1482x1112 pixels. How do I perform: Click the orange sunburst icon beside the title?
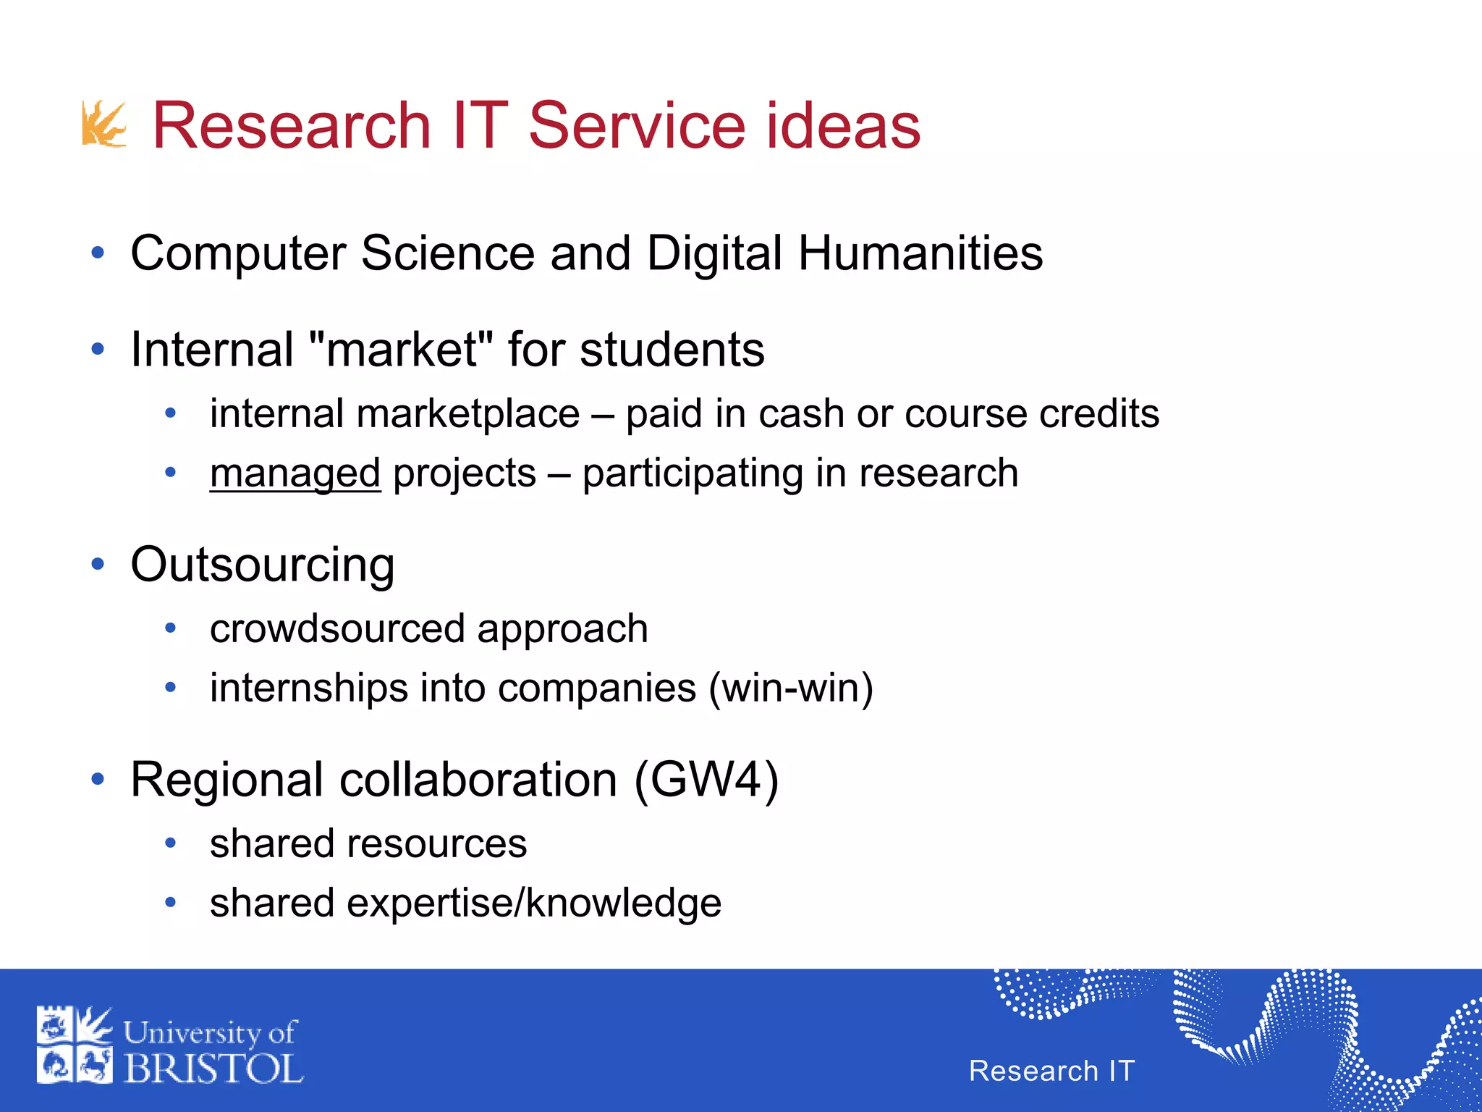pos(104,124)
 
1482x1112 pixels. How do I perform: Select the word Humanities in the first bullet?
pos(920,253)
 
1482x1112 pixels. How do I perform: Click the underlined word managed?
pos(295,473)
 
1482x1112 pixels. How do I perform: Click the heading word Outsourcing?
pos(263,565)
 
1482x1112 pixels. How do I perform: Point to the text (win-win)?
pos(791,688)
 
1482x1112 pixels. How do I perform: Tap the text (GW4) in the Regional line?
pos(706,780)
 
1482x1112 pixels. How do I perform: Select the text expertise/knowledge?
pos(534,903)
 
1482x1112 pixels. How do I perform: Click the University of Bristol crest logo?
pos(75,1044)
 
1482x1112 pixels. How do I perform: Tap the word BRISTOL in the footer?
pos(213,1069)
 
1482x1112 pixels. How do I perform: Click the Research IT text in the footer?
pos(1051,1071)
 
